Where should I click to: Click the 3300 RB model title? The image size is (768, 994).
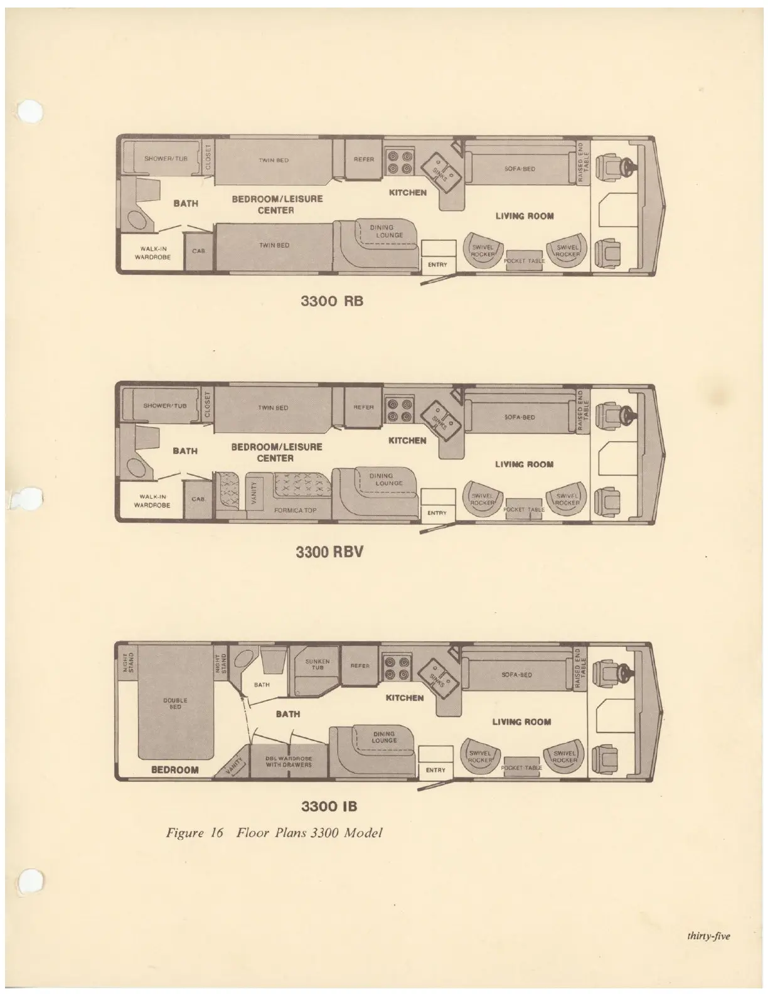[x=332, y=301]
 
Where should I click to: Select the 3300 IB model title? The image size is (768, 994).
[x=329, y=805]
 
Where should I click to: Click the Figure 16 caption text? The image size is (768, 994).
[x=274, y=833]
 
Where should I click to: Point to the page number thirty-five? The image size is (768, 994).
[x=708, y=937]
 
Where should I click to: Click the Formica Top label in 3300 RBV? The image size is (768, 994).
[x=296, y=510]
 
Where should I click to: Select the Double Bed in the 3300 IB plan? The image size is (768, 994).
[x=175, y=703]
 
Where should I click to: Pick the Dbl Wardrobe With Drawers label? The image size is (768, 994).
[x=289, y=761]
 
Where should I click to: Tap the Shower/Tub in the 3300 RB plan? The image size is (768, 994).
[x=166, y=159]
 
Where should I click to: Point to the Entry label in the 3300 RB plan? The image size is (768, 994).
[x=437, y=265]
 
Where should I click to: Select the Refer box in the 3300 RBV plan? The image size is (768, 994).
[x=364, y=407]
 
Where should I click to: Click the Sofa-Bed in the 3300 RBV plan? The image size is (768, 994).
[x=520, y=417]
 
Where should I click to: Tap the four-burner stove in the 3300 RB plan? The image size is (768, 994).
[x=399, y=161]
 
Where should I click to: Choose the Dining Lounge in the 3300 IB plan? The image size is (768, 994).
[x=384, y=737]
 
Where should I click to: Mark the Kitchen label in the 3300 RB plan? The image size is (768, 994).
[x=408, y=193]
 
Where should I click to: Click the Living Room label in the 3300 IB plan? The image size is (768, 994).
[x=521, y=722]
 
